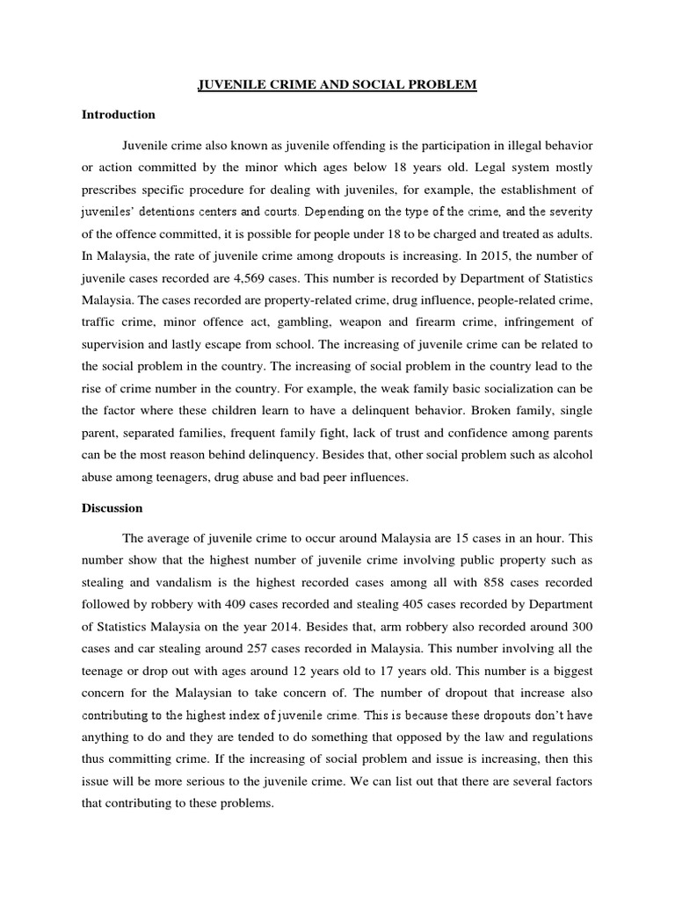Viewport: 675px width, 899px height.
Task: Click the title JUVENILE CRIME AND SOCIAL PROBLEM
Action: point(337,85)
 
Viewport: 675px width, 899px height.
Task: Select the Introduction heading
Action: point(119,114)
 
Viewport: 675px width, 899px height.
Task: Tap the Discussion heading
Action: point(112,507)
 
